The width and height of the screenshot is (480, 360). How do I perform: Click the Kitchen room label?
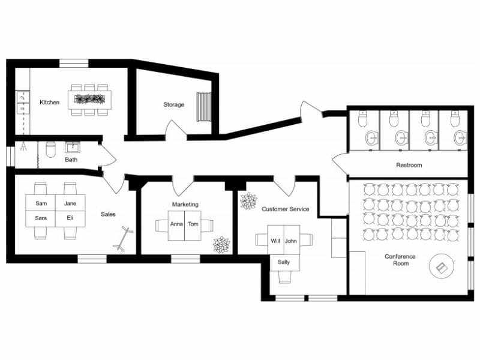tap(49, 103)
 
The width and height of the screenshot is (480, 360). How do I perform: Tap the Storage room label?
tap(173, 105)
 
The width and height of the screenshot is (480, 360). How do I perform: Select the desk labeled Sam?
tap(41, 204)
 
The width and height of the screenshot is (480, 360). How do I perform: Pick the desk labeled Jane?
tap(70, 204)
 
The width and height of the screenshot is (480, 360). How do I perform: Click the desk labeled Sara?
tap(41, 218)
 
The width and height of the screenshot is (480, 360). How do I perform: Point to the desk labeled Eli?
tap(70, 218)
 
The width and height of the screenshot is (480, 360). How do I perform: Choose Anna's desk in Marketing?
tap(176, 225)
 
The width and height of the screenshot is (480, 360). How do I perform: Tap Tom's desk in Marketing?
tap(193, 225)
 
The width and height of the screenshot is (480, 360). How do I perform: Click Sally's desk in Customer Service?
tap(284, 263)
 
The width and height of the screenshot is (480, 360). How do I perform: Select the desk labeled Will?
tap(275, 241)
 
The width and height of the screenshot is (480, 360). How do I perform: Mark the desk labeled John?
tap(291, 241)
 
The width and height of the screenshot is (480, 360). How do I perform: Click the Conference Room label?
tap(400, 260)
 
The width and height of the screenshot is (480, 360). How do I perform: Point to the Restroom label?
tap(409, 165)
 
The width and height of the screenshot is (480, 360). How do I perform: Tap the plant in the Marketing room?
tap(221, 244)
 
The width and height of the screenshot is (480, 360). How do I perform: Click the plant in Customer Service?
tap(248, 200)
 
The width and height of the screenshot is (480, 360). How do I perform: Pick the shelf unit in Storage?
tap(204, 106)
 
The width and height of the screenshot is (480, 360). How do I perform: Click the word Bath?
tap(71, 160)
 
